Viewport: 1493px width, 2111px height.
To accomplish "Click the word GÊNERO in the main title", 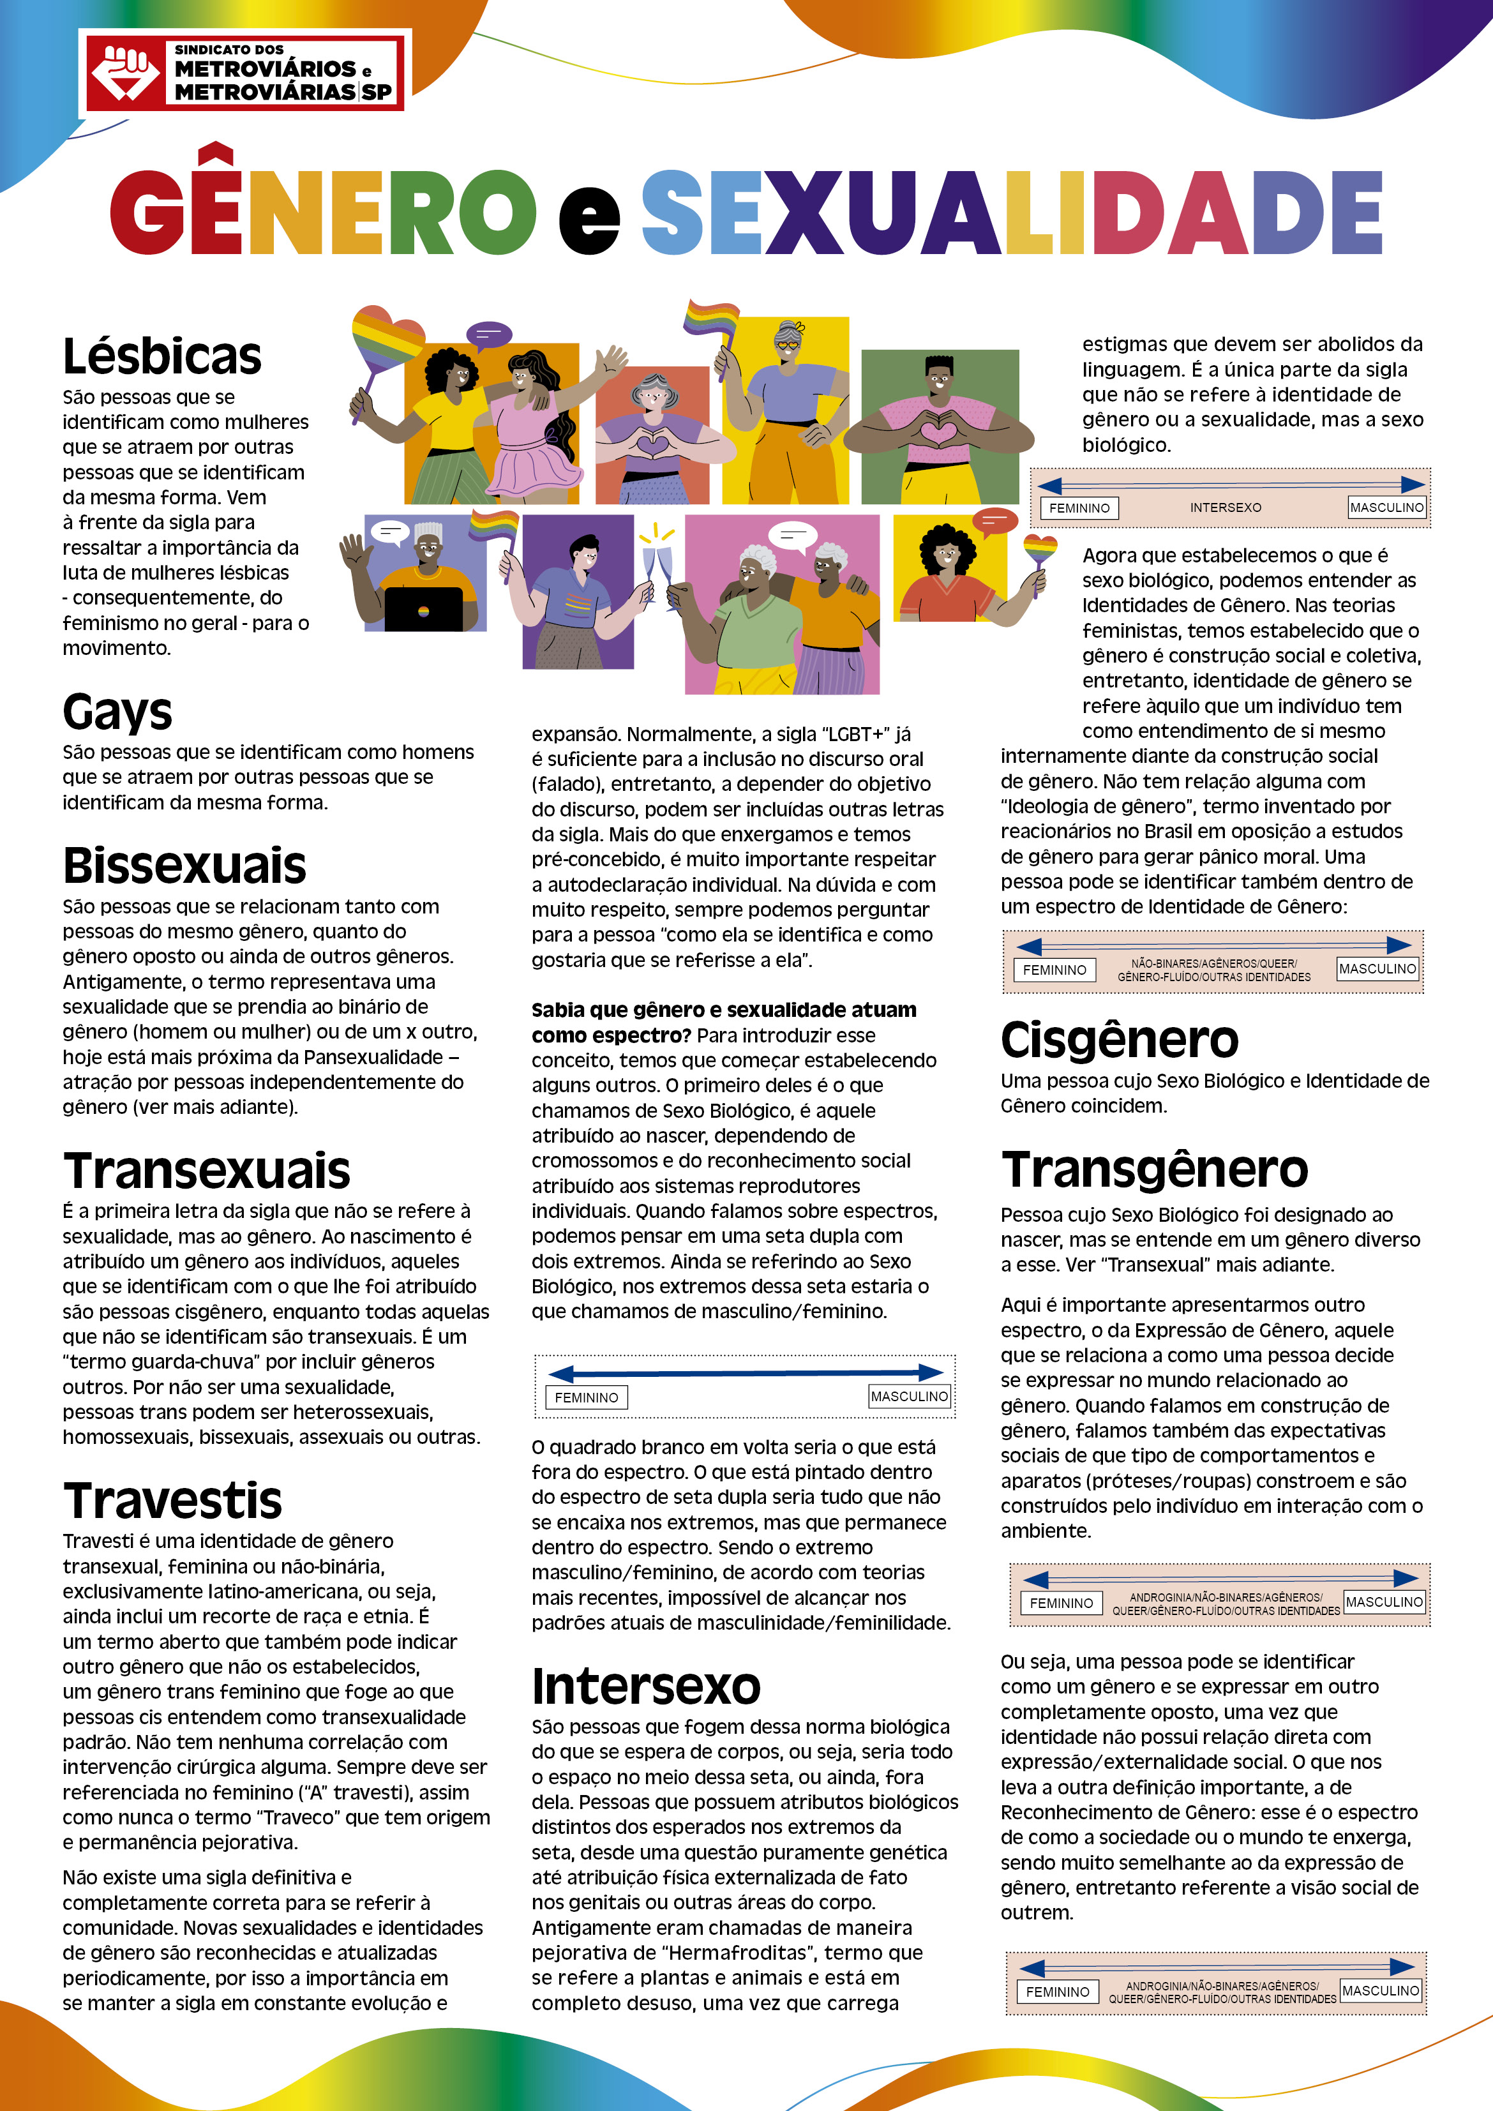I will click(322, 211).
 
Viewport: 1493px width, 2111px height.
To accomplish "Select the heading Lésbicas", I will click(161, 357).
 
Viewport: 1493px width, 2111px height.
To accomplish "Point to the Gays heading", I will click(117, 712).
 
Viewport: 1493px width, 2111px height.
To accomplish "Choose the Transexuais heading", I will click(207, 1171).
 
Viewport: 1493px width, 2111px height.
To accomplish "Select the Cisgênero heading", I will click(1120, 1040).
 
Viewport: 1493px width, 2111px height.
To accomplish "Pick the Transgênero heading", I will click(1155, 1169).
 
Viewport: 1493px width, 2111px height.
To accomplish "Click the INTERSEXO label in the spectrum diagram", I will click(1226, 507).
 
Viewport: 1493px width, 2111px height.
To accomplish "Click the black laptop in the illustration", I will click(424, 608).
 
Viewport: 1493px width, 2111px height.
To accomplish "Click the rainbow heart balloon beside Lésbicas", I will click(387, 340).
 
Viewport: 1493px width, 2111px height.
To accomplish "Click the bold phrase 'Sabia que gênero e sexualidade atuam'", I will click(723, 1009).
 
